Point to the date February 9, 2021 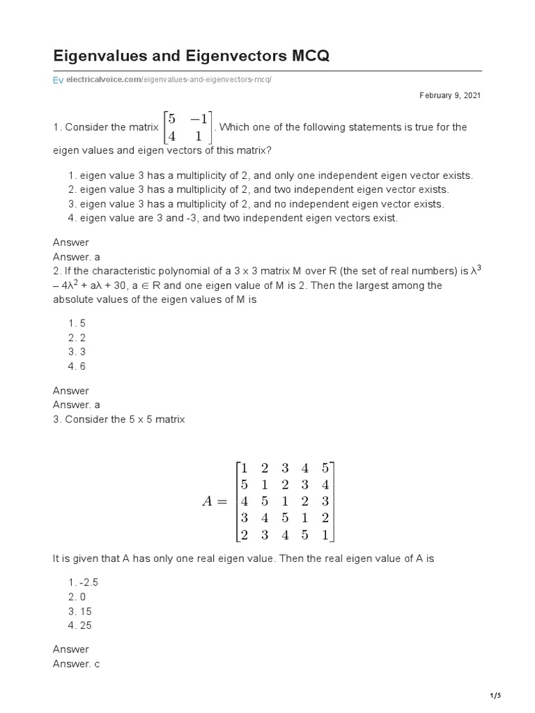449,95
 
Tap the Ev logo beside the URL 59,80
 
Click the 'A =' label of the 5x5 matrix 215,501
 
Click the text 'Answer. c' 77,664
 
